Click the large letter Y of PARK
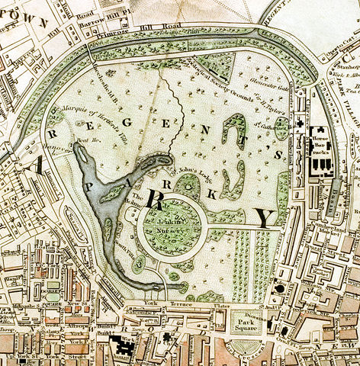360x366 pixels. pyautogui.click(x=265, y=218)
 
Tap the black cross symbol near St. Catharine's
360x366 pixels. pyautogui.click(x=301, y=122)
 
